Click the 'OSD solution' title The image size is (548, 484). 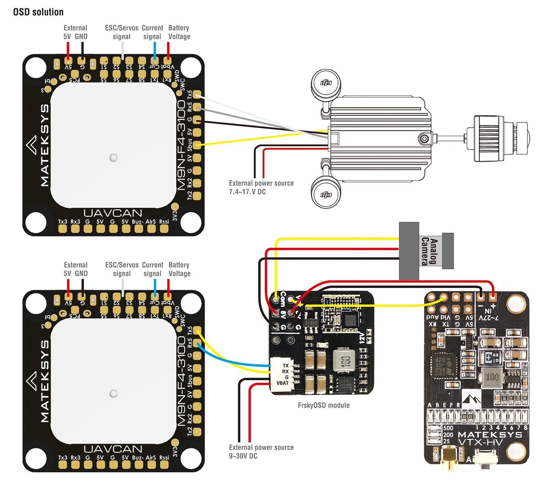coord(38,12)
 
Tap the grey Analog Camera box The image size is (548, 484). coord(409,251)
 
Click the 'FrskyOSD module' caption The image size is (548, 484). coord(324,405)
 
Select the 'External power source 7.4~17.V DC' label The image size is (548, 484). coord(261,187)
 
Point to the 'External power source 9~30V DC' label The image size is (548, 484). coord(261,451)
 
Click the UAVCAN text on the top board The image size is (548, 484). coord(113,213)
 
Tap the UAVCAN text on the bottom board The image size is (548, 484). coord(113,449)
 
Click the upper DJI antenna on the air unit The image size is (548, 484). coord(326,84)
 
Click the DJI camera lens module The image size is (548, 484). coord(501,138)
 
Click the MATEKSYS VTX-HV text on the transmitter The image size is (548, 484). coord(490,438)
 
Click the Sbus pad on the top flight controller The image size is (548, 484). coord(197,145)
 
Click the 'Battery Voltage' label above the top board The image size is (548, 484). coord(179,32)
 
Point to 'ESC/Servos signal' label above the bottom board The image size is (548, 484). coord(122,269)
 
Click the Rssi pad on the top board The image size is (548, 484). coord(164,229)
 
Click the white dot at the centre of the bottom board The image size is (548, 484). coord(114,393)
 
